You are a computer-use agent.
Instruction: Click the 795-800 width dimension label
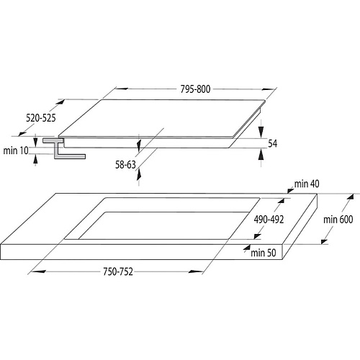coord(195,89)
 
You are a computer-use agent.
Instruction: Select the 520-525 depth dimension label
coord(41,118)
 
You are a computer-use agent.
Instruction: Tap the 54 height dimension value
coord(273,143)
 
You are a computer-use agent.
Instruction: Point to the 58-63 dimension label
coord(125,165)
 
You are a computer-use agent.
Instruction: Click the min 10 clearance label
coord(16,150)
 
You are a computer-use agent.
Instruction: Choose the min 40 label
coord(307,184)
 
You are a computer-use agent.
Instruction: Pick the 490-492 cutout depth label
coord(269,220)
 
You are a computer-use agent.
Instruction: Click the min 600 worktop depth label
coord(338,220)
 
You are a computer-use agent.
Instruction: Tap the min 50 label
coord(264,253)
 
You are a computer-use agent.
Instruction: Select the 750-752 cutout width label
coord(118,271)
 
